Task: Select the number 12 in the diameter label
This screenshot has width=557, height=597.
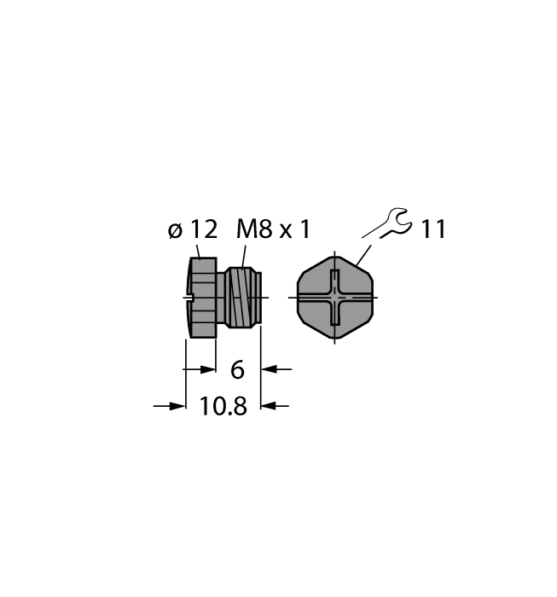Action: (203, 229)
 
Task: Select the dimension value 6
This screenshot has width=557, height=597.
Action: (238, 370)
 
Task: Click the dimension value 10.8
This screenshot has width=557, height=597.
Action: (223, 407)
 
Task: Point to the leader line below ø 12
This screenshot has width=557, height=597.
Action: (200, 250)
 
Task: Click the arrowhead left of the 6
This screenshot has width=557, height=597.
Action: (207, 369)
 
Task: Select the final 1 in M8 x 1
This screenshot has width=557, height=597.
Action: (305, 229)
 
